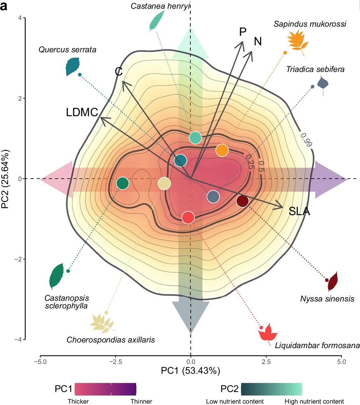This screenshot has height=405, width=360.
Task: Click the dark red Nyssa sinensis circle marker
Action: click(x=243, y=201)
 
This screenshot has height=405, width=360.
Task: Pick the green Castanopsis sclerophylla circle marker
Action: click(x=123, y=183)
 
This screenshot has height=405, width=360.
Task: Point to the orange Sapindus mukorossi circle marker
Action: click(x=222, y=150)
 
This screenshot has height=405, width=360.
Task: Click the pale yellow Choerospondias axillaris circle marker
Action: click(x=164, y=183)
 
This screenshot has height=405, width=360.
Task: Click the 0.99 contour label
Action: click(x=306, y=139)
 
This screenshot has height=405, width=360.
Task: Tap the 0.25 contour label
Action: click(x=249, y=161)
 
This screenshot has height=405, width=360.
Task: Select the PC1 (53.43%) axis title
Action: click(x=190, y=371)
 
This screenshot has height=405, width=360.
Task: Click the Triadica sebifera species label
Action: click(x=315, y=69)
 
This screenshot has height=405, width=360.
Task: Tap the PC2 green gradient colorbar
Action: click(x=271, y=389)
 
